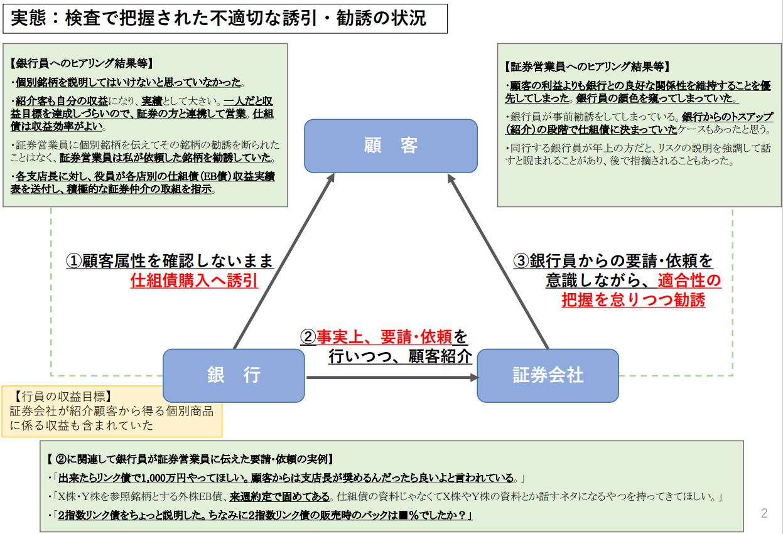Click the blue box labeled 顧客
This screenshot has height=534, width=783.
[391, 146]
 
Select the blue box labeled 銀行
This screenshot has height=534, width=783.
[234, 375]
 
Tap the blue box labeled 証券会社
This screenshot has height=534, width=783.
[548, 375]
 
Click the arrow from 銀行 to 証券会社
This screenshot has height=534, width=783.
[392, 377]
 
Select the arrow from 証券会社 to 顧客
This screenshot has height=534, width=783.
[498, 261]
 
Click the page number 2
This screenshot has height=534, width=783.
[764, 513]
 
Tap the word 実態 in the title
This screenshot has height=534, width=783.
[28, 18]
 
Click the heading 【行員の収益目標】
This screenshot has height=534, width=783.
[63, 397]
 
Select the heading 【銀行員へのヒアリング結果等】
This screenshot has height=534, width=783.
[82, 63]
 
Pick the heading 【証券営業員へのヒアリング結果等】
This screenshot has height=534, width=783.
[587, 67]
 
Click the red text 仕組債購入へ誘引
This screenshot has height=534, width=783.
[195, 280]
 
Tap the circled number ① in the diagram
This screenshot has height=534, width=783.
[73, 261]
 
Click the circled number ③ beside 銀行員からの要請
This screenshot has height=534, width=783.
[521, 261]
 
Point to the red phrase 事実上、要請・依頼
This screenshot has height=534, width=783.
[384, 337]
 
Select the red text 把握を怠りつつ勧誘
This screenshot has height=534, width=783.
[634, 300]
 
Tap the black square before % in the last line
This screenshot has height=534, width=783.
[403, 515]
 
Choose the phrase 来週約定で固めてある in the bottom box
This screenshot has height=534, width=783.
[279, 496]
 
